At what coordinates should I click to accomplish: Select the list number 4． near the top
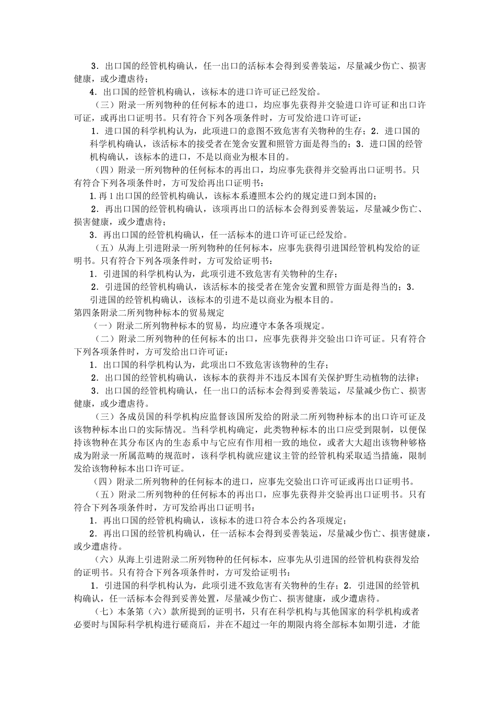coord(94,92)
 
